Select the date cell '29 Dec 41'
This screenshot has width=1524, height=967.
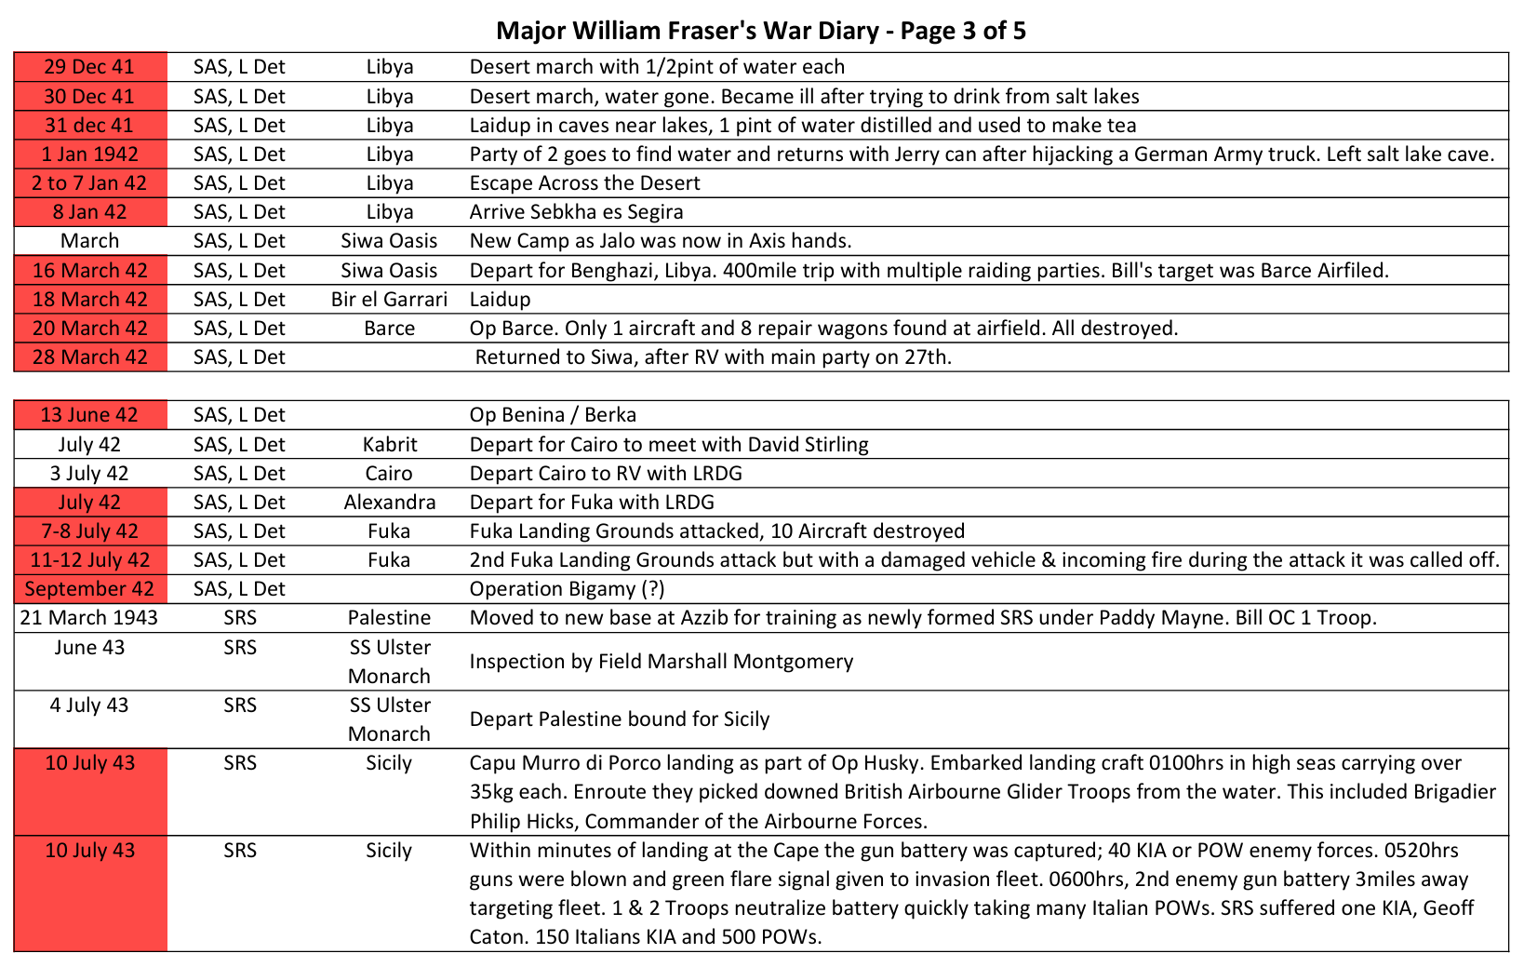(89, 67)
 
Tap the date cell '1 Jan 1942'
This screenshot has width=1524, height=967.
(89, 154)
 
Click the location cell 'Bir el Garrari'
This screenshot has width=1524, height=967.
(389, 300)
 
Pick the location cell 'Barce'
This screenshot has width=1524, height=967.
(389, 329)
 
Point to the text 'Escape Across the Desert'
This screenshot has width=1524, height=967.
(584, 183)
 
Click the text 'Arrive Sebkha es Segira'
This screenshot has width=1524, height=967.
(576, 212)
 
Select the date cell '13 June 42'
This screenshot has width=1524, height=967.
(89, 415)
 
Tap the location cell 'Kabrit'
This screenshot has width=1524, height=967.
(389, 445)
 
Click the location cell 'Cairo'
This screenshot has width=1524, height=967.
(389, 474)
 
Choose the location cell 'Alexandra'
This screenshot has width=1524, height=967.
(389, 503)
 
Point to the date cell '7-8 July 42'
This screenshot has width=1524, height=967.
(89, 531)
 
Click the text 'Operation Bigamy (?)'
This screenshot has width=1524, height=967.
(567, 589)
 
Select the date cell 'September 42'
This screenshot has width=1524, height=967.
(89, 589)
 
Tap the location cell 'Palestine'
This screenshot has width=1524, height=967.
(389, 618)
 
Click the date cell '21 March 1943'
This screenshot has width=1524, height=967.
(89, 618)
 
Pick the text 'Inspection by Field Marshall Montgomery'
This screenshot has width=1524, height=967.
(661, 662)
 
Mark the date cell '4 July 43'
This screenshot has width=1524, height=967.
(89, 705)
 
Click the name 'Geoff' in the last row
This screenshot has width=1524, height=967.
(1448, 908)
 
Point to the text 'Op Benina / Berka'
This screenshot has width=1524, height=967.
(553, 415)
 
